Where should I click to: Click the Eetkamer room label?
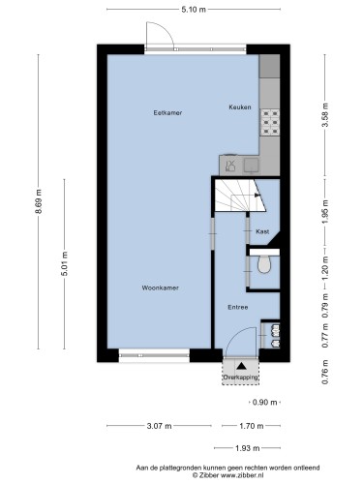click(x=167, y=113)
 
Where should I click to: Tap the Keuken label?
click(x=240, y=107)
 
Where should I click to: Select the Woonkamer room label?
click(x=160, y=287)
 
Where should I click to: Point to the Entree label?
click(x=238, y=307)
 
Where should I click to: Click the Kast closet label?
click(x=262, y=231)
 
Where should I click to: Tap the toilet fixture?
click(x=264, y=264)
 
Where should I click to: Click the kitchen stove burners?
click(x=270, y=122)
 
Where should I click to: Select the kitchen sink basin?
click(x=251, y=165)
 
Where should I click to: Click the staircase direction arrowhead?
click(x=257, y=195)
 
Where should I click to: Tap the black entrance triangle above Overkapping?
click(x=241, y=366)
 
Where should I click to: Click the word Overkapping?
click(x=241, y=378)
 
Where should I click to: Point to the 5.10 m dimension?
click(x=194, y=10)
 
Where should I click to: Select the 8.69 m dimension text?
click(x=39, y=201)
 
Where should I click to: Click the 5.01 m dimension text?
click(x=65, y=263)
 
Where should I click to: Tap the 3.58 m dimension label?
click(x=325, y=115)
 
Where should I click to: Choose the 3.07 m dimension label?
click(x=160, y=426)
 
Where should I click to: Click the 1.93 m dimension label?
click(x=248, y=448)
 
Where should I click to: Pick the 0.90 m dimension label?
click(x=265, y=403)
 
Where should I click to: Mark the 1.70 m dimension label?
click(x=252, y=426)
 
